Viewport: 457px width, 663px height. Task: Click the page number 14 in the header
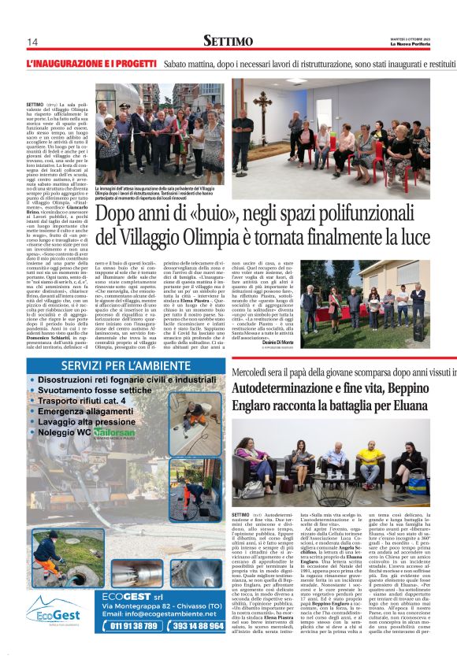click(x=32, y=42)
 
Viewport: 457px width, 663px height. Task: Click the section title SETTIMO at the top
click(x=228, y=40)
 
